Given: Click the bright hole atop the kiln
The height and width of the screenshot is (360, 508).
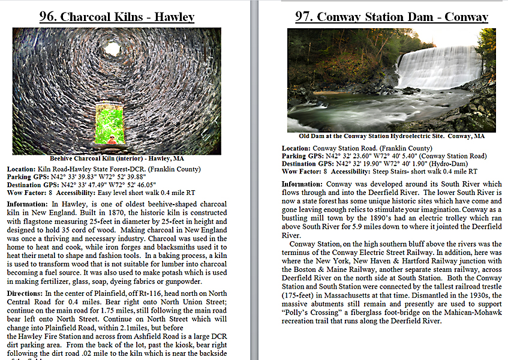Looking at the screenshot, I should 112,47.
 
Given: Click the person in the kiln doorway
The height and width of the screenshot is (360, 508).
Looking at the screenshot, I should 112,140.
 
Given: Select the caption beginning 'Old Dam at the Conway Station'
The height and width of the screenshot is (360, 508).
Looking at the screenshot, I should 392,136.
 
